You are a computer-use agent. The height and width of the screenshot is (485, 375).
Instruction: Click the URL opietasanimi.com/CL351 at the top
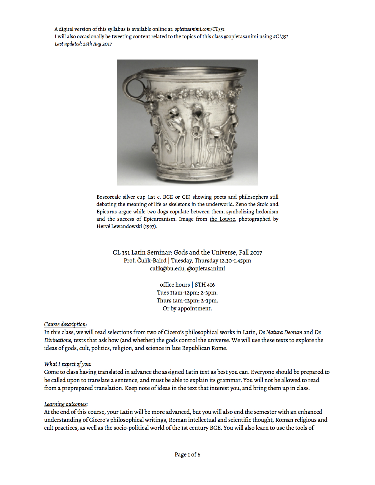(199, 29)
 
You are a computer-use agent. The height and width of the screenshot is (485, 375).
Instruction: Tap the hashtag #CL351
(280, 36)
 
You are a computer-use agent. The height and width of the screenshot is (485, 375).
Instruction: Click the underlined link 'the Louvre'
(222, 219)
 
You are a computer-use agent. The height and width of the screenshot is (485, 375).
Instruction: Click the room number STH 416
(205, 285)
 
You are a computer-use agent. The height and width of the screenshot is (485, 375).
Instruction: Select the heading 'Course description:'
(65, 324)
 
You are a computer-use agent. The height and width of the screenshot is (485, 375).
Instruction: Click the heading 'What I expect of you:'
(68, 364)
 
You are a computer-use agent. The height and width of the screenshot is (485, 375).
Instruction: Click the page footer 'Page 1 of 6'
(187, 454)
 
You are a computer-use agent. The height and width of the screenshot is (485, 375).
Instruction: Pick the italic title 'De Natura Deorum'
(280, 332)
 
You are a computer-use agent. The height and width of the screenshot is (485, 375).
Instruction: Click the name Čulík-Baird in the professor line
(152, 260)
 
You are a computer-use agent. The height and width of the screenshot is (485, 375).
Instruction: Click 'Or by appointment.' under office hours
(187, 308)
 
